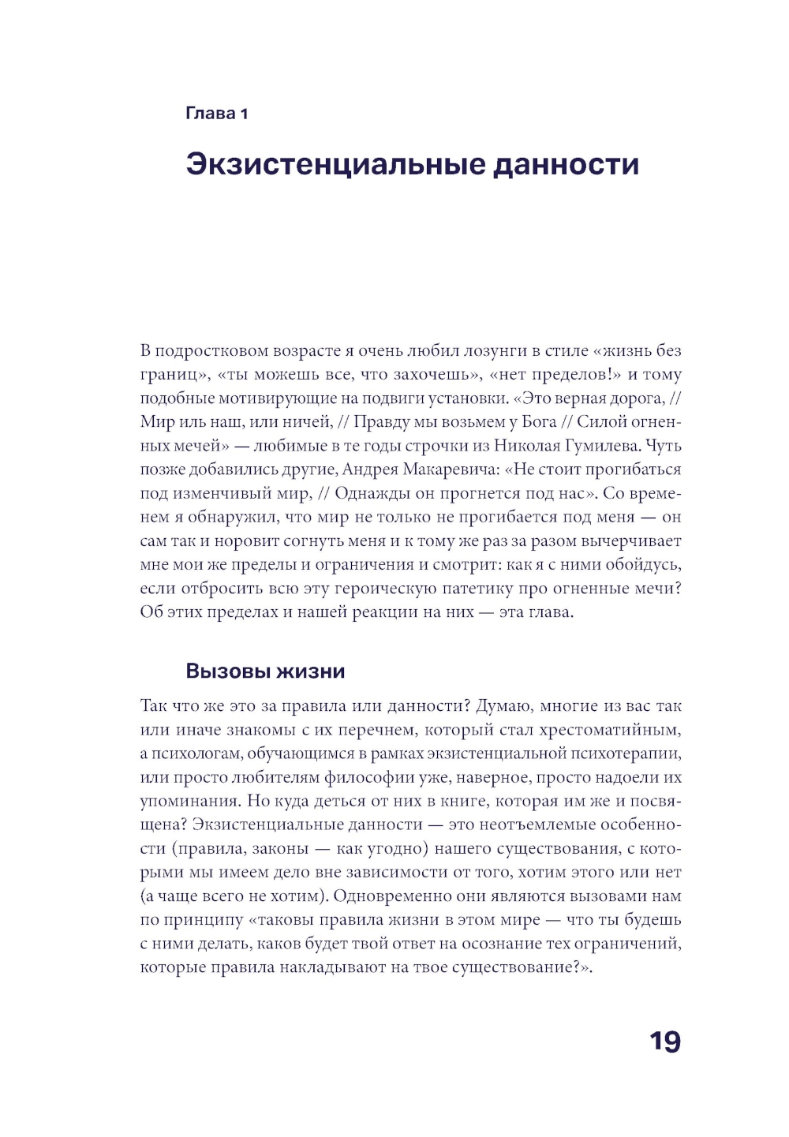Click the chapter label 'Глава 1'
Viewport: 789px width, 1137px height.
point(216,114)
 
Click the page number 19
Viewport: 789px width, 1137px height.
point(664,1042)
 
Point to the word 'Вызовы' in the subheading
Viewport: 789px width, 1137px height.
point(226,671)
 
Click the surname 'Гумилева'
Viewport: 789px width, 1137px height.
point(600,446)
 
